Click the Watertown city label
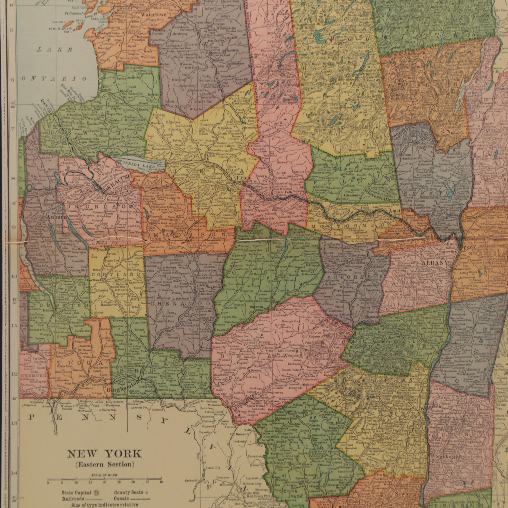coord(154,15)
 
